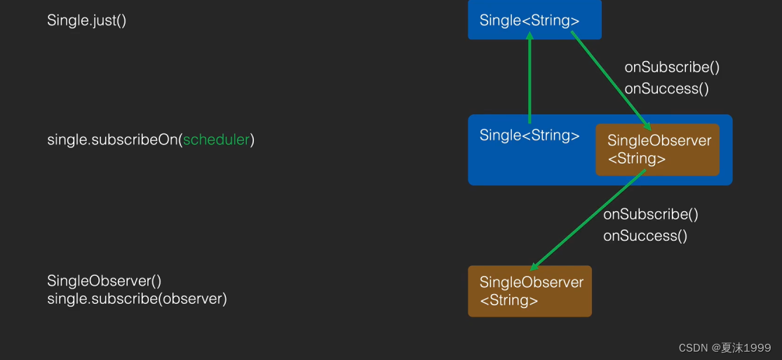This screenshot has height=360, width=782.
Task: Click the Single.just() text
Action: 87,20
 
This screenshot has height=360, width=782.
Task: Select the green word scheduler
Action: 217,140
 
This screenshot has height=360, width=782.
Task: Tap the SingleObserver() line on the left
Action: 105,281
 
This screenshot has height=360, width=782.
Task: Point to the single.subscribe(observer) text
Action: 137,299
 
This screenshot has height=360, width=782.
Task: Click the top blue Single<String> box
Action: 534,20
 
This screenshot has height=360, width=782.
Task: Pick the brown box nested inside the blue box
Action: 658,149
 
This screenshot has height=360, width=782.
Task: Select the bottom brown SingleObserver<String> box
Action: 530,291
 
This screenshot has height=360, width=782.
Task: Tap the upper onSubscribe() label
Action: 672,67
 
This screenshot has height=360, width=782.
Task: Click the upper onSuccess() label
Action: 666,88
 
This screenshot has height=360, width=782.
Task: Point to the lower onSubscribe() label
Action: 651,214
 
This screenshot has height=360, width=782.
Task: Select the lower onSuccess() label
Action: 645,236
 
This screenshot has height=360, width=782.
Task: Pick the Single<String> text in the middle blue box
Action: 530,135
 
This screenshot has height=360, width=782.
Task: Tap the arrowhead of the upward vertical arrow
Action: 530,36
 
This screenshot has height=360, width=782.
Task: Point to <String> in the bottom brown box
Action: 509,301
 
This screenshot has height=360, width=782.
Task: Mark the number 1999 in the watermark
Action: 758,348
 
